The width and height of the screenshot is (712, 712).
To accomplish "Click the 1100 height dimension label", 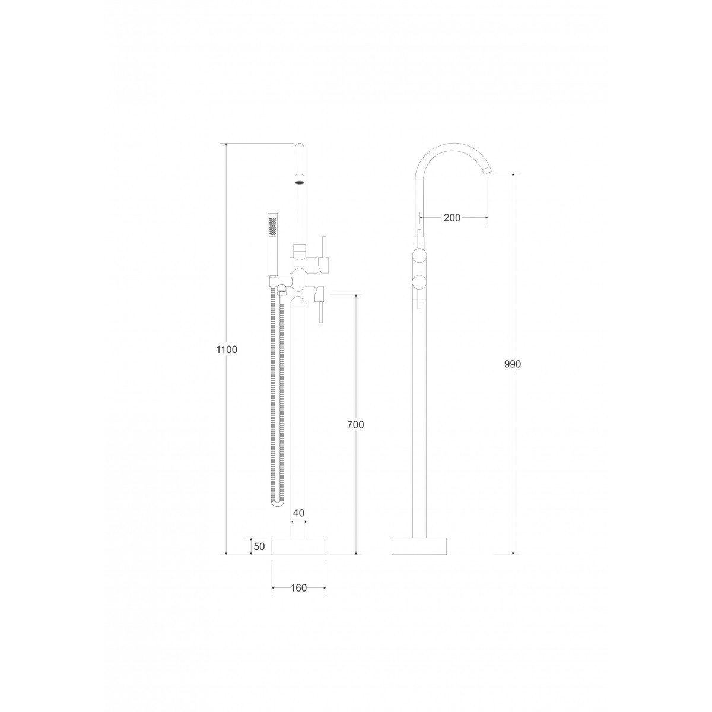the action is (227, 349).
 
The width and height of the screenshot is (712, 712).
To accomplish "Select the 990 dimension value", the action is (513, 364).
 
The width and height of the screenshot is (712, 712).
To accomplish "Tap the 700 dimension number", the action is (355, 425).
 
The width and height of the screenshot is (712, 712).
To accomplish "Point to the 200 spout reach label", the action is (452, 218).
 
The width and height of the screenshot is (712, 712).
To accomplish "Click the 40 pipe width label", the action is (298, 513).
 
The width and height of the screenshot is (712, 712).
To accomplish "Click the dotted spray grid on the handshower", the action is (273, 226).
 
